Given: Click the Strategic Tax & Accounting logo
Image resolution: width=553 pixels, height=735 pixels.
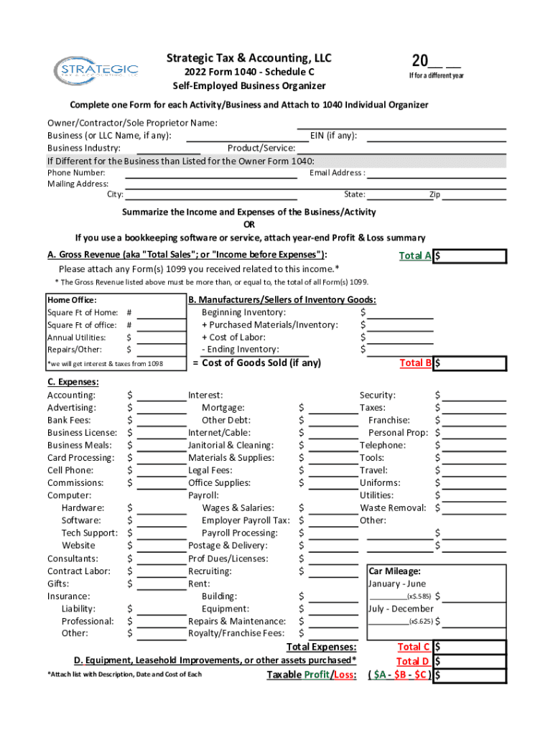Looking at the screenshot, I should point(96,70).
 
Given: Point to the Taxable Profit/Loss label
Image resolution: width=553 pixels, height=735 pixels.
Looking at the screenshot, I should point(311,675).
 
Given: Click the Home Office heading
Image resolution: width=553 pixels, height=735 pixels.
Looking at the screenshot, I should point(72,300).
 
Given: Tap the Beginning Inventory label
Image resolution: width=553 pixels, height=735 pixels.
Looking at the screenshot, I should point(243,312).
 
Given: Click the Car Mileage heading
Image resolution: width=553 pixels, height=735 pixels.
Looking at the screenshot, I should point(394,571).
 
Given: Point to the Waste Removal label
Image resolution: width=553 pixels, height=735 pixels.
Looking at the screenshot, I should point(393,508).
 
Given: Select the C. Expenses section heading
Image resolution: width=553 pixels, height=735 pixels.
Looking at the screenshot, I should point(73,382).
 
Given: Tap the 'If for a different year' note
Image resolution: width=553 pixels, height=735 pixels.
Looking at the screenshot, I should point(437,76).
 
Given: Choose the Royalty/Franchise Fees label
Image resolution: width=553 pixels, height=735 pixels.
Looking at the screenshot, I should point(236,633).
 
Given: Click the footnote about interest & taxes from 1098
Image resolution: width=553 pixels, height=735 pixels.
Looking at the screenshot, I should point(105,364).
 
